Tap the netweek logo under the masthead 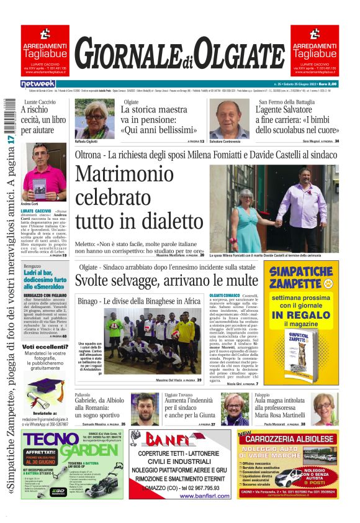pyautogui.click(x=38, y=84)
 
